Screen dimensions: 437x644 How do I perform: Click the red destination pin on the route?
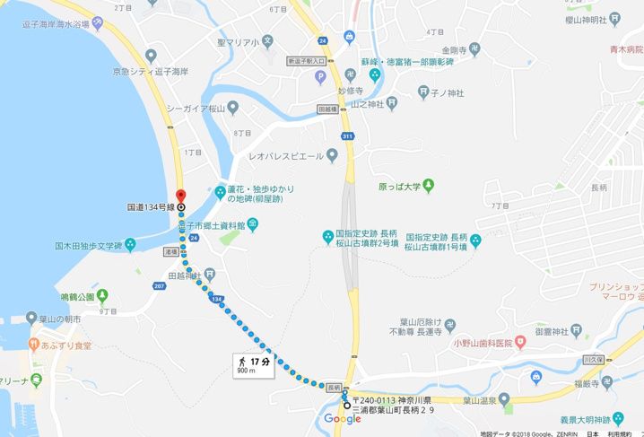coord(180,197)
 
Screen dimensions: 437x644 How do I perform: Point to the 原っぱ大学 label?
coord(399,188)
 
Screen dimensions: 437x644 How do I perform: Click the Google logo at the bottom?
coord(342,419)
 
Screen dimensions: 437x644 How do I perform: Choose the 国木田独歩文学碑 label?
coord(88,245)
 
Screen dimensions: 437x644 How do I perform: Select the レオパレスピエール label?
coord(280,155)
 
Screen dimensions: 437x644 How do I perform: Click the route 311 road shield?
coord(347,135)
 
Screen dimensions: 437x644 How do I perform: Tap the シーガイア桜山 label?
coord(196,109)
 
